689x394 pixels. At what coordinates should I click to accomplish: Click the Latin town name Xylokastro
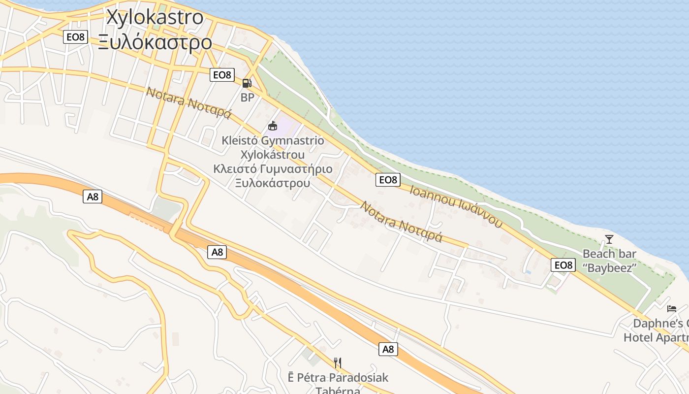tap(155, 17)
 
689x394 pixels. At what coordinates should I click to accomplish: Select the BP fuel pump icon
tap(247, 83)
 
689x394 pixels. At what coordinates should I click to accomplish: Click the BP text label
tap(247, 98)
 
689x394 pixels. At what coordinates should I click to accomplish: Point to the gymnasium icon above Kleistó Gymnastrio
tap(273, 126)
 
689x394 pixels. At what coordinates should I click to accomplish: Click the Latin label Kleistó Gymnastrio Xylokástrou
tap(273, 147)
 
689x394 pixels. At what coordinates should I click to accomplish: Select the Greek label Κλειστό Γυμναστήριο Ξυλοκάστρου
tap(273, 176)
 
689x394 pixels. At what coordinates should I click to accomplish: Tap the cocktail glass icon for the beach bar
tap(609, 239)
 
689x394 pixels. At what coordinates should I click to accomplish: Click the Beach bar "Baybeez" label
tap(609, 261)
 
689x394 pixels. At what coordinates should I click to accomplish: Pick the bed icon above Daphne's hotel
tap(672, 309)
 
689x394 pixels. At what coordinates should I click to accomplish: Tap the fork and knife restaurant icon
tap(338, 363)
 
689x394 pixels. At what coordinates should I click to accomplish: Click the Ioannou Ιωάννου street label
tap(456, 206)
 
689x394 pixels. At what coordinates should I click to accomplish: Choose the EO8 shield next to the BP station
tap(222, 75)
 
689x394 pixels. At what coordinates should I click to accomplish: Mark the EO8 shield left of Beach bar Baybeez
tap(563, 265)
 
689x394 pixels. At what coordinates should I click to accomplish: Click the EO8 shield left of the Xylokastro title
tap(75, 37)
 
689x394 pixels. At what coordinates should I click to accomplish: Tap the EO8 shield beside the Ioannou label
tap(388, 180)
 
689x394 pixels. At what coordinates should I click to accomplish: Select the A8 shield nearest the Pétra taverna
tap(388, 349)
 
